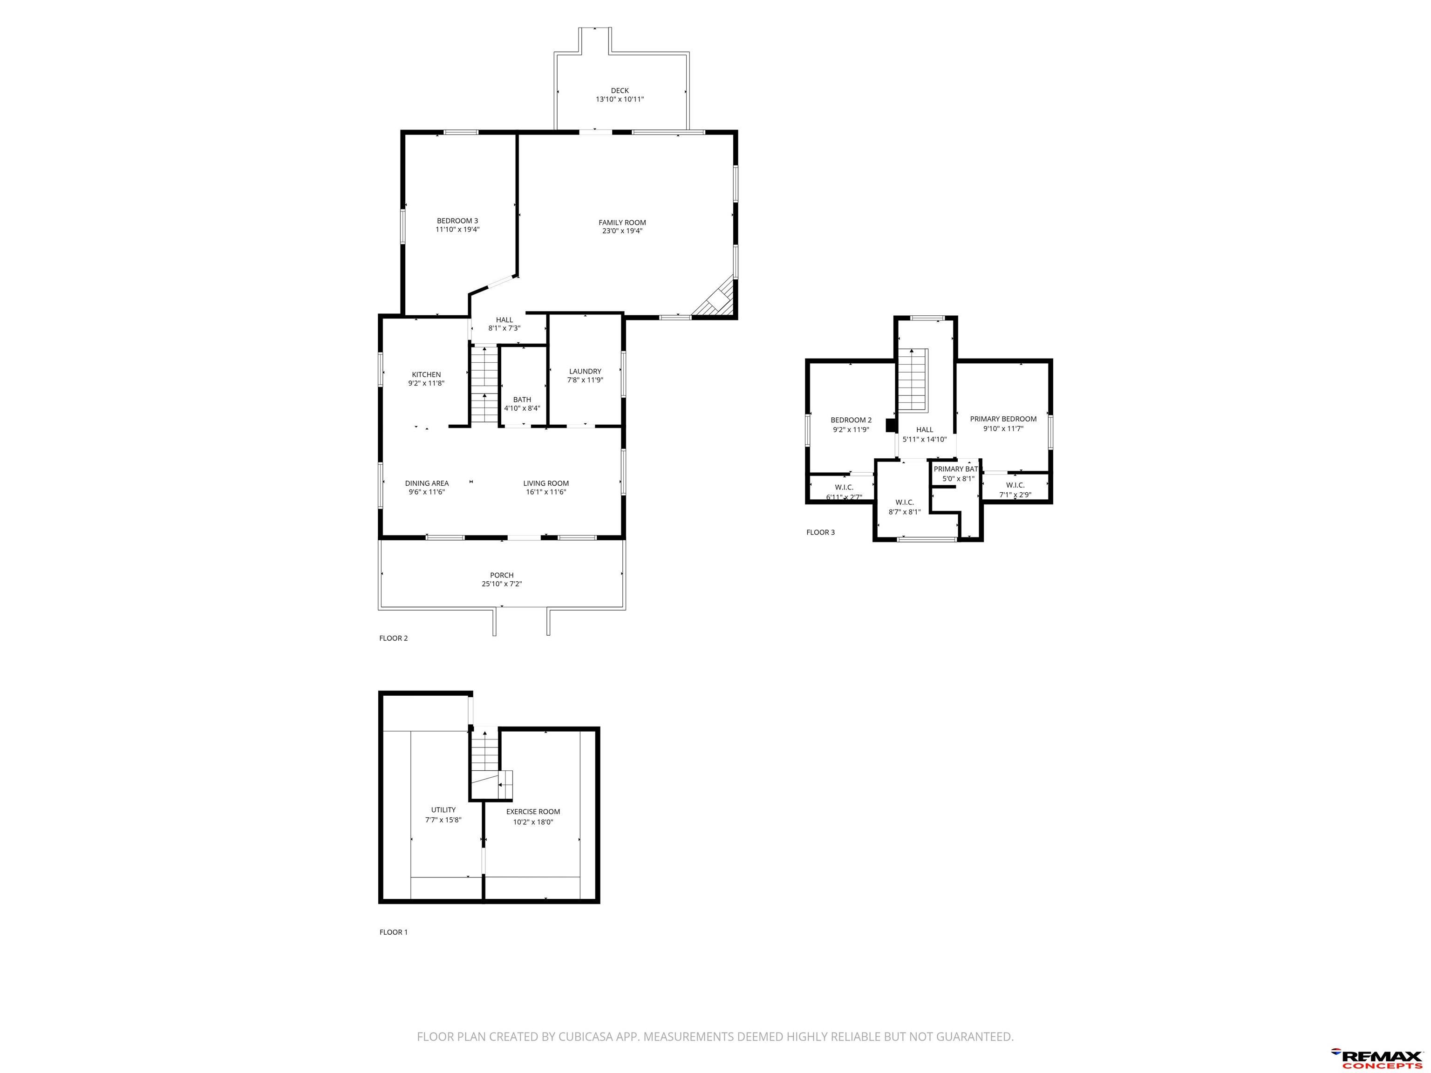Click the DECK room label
(x=619, y=90)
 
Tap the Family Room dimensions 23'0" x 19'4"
(x=622, y=231)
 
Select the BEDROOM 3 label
(x=457, y=221)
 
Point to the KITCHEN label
(x=426, y=374)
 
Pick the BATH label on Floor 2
(x=522, y=400)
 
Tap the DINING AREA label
(x=427, y=483)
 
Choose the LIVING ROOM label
(x=546, y=483)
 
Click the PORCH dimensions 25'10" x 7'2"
(x=502, y=584)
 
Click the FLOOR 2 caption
(x=393, y=638)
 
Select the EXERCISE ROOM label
(x=533, y=812)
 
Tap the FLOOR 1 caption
(x=393, y=932)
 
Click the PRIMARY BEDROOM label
(x=1003, y=419)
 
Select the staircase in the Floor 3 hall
(x=912, y=380)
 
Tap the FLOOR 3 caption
(x=820, y=532)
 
